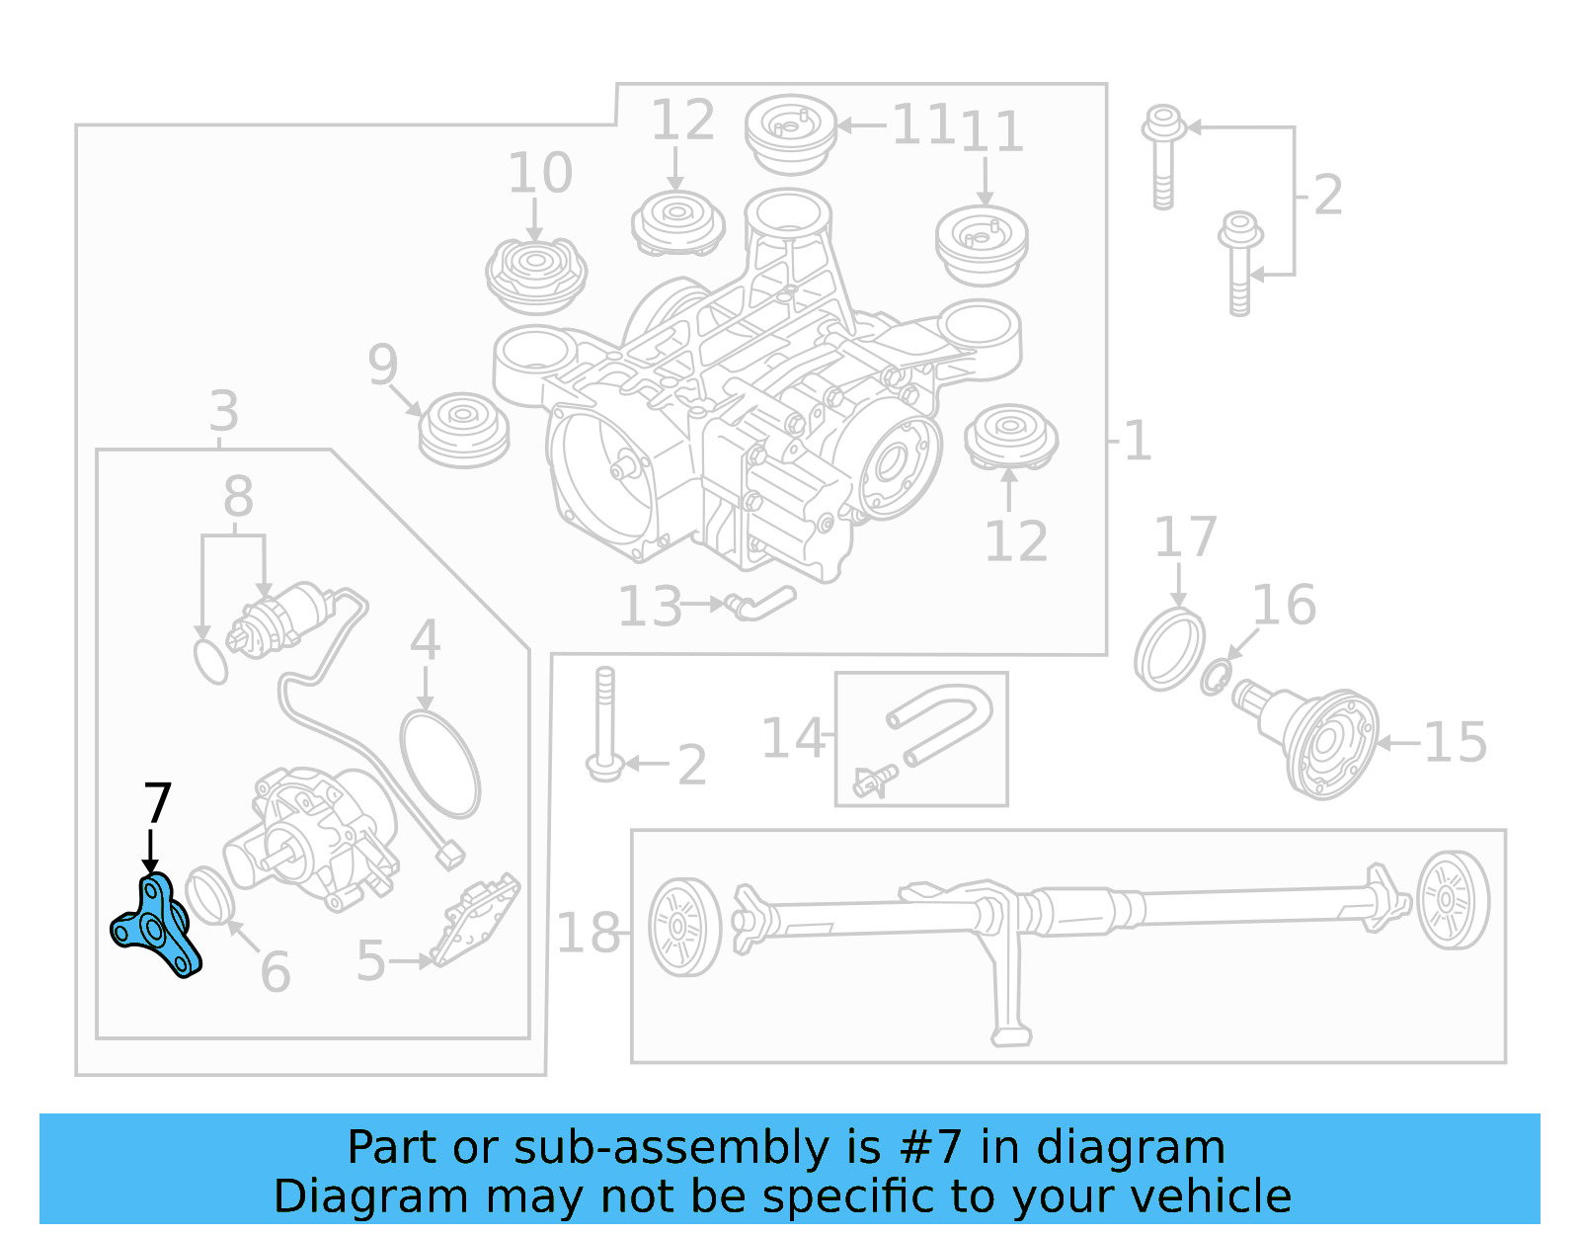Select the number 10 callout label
pos(539,174)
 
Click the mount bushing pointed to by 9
pos(463,430)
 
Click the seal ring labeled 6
pos(210,893)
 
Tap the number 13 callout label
pos(650,607)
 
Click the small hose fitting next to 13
pos(760,602)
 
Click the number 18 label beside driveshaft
pos(588,933)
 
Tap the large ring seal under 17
pos(1169,650)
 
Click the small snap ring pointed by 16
pos(1216,677)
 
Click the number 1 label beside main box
pos(1138,441)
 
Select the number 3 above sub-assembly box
pos(224,411)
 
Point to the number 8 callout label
pos(238,497)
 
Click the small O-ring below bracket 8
pos(210,661)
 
